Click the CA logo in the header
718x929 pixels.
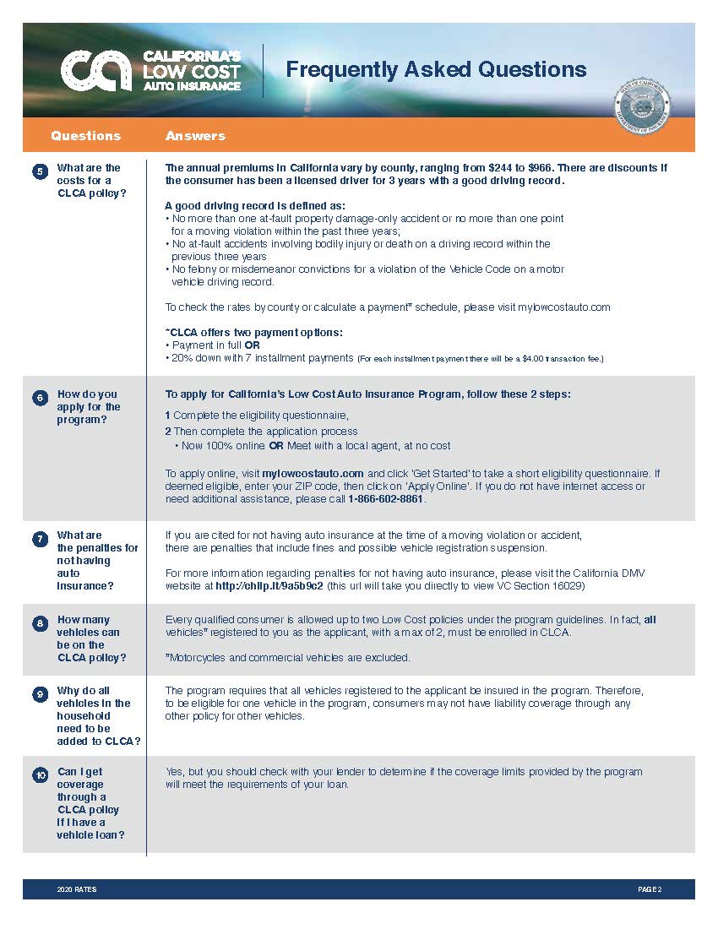[95, 70]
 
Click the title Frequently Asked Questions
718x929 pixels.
[436, 69]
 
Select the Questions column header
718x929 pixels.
[85, 135]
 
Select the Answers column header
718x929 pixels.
[195, 135]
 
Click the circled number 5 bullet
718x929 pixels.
[40, 173]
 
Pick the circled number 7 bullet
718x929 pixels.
[40, 539]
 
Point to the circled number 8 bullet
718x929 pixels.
[40, 623]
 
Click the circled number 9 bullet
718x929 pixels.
[40, 694]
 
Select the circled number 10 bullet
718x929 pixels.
[40, 775]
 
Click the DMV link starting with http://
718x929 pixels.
[269, 585]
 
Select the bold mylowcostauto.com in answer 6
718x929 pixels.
[313, 474]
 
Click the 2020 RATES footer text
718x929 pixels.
[77, 890]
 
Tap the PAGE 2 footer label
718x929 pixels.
[650, 890]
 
